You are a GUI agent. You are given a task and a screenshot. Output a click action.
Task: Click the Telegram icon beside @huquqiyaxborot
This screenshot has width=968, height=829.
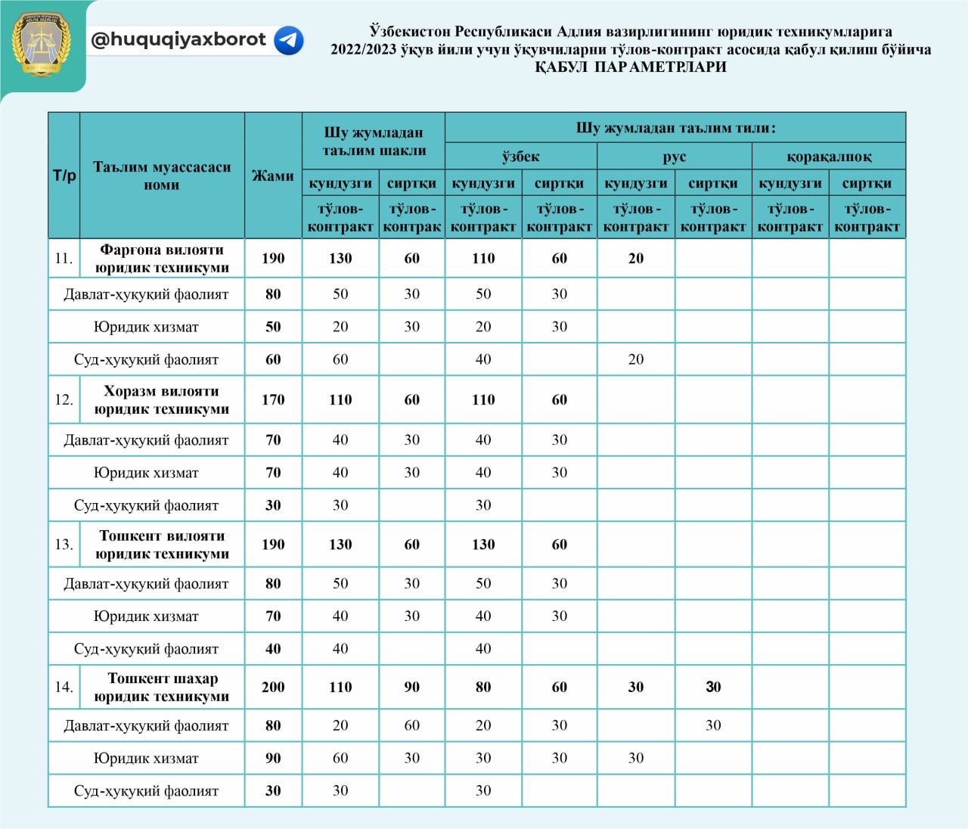point(288,40)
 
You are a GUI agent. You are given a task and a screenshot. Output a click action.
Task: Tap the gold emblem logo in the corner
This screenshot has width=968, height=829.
point(41,44)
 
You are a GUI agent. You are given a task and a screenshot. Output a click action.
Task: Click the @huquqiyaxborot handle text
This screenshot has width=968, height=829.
point(178,39)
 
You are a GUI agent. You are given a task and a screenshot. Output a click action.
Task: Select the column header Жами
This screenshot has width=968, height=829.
point(273,175)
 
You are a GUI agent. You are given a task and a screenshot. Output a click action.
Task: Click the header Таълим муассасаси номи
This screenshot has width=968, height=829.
point(162,175)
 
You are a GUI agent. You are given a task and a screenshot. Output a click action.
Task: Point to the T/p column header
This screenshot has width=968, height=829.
point(64,175)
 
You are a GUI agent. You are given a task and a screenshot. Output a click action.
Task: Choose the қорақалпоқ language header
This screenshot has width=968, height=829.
point(829,157)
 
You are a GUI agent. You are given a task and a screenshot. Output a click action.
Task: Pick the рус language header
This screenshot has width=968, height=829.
point(674,157)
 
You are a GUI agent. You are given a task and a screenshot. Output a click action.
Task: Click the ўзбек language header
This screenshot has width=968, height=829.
point(521,157)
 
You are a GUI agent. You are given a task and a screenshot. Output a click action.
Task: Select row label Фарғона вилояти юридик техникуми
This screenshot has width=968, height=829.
point(162,258)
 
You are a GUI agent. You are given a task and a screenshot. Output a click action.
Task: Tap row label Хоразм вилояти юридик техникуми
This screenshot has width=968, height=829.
point(162,399)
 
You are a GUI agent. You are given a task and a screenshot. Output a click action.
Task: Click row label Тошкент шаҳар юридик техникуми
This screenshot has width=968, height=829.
point(162,687)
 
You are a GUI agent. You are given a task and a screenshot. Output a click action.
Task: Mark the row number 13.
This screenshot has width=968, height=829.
point(64,544)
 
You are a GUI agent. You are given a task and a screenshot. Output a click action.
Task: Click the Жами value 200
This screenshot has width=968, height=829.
point(273,687)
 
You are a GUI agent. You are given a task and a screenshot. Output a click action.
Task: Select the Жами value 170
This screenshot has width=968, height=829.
point(273,399)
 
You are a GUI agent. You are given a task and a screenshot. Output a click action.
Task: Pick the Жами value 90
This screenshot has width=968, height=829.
point(273,758)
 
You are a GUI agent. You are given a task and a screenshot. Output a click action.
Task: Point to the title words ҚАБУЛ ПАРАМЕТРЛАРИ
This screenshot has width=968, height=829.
point(631,67)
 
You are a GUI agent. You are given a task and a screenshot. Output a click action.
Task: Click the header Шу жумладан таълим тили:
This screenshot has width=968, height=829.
point(675,128)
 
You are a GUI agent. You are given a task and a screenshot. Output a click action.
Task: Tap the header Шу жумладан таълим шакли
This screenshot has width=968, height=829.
point(374,141)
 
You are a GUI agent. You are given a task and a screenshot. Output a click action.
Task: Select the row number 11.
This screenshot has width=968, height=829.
point(64,258)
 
